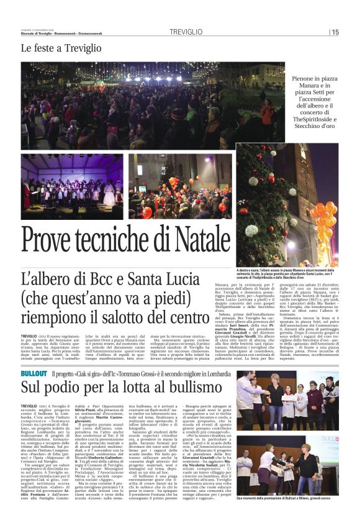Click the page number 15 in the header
[x=336, y=32]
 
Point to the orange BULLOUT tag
[x=34, y=357]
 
